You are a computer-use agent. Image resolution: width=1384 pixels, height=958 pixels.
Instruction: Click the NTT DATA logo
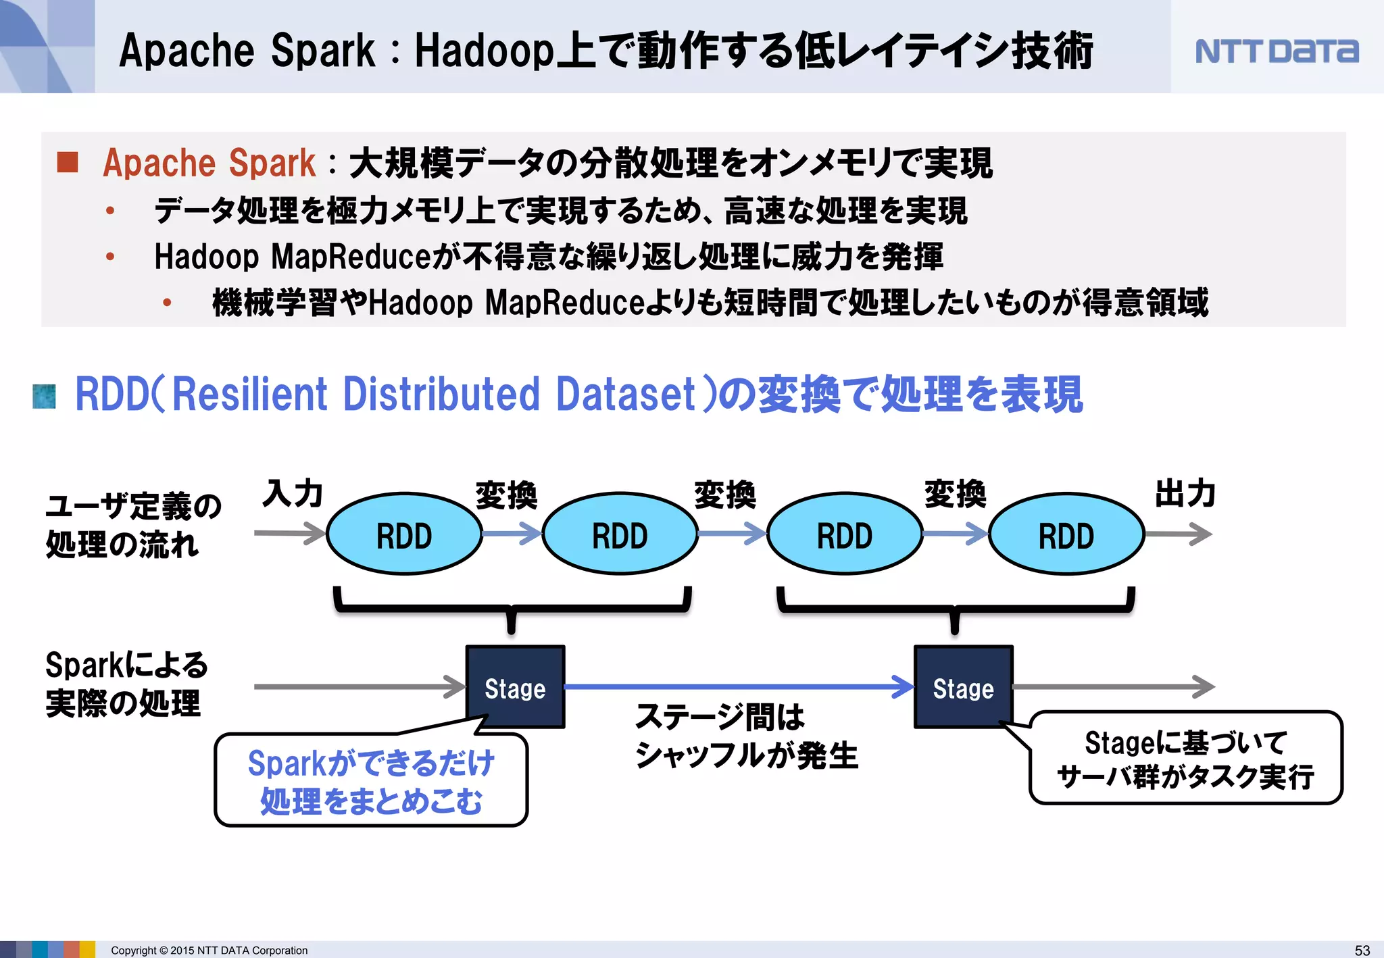point(1277,51)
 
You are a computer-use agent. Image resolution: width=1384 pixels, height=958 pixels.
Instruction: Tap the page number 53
point(1362,950)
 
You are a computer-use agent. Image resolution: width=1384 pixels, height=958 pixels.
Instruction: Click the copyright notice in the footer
point(209,950)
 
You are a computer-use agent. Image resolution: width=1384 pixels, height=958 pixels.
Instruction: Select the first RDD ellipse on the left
point(404,534)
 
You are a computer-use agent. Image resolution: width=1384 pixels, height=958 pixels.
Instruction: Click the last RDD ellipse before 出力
point(1066,534)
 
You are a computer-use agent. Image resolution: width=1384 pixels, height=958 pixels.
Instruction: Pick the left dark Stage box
point(515,687)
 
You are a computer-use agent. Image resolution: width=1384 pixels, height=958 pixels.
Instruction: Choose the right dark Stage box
point(963,687)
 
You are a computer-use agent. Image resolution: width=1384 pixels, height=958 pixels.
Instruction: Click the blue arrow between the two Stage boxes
point(737,686)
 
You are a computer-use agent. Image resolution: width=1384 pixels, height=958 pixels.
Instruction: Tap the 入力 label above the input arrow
point(293,493)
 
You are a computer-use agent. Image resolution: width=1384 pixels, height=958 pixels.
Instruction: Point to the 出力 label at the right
point(1185,493)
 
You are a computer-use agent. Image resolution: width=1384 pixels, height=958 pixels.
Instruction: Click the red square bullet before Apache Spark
point(68,162)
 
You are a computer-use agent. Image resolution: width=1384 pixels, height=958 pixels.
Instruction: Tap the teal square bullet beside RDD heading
point(45,396)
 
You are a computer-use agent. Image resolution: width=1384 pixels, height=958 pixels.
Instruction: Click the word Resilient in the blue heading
point(250,394)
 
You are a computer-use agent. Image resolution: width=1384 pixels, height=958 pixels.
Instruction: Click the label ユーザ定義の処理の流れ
point(132,525)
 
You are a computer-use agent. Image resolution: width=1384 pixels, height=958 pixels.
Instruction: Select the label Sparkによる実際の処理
point(126,684)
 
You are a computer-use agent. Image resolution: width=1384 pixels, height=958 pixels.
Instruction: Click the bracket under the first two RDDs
point(512,607)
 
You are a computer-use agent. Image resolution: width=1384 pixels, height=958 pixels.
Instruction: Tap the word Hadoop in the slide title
point(484,51)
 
